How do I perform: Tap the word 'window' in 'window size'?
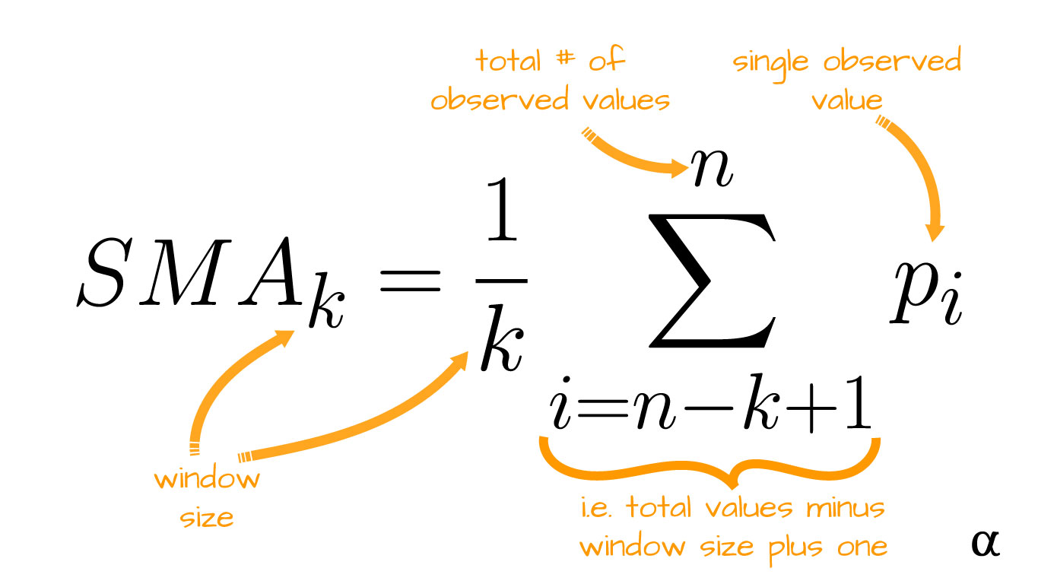(x=207, y=481)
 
